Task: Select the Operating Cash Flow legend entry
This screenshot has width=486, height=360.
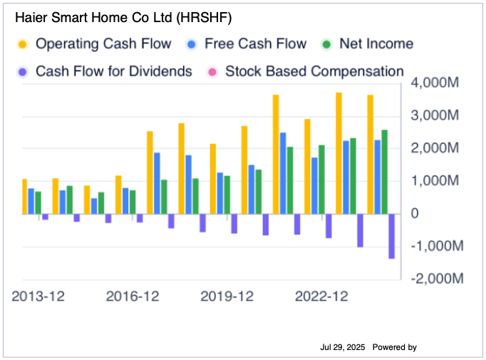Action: [103, 43]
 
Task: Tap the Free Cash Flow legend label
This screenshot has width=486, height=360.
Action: [255, 43]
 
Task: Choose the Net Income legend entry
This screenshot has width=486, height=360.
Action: [376, 43]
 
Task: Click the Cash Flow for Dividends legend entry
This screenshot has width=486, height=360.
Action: [113, 71]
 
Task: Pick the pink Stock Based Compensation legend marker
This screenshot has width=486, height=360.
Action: [212, 71]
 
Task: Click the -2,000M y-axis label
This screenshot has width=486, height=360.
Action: [435, 279]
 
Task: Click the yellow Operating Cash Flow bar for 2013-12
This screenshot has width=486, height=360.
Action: [25, 197]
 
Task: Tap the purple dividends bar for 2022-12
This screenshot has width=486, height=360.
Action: [329, 226]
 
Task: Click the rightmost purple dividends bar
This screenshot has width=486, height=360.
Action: [391, 236]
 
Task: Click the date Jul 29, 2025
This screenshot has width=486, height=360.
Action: [343, 347]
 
